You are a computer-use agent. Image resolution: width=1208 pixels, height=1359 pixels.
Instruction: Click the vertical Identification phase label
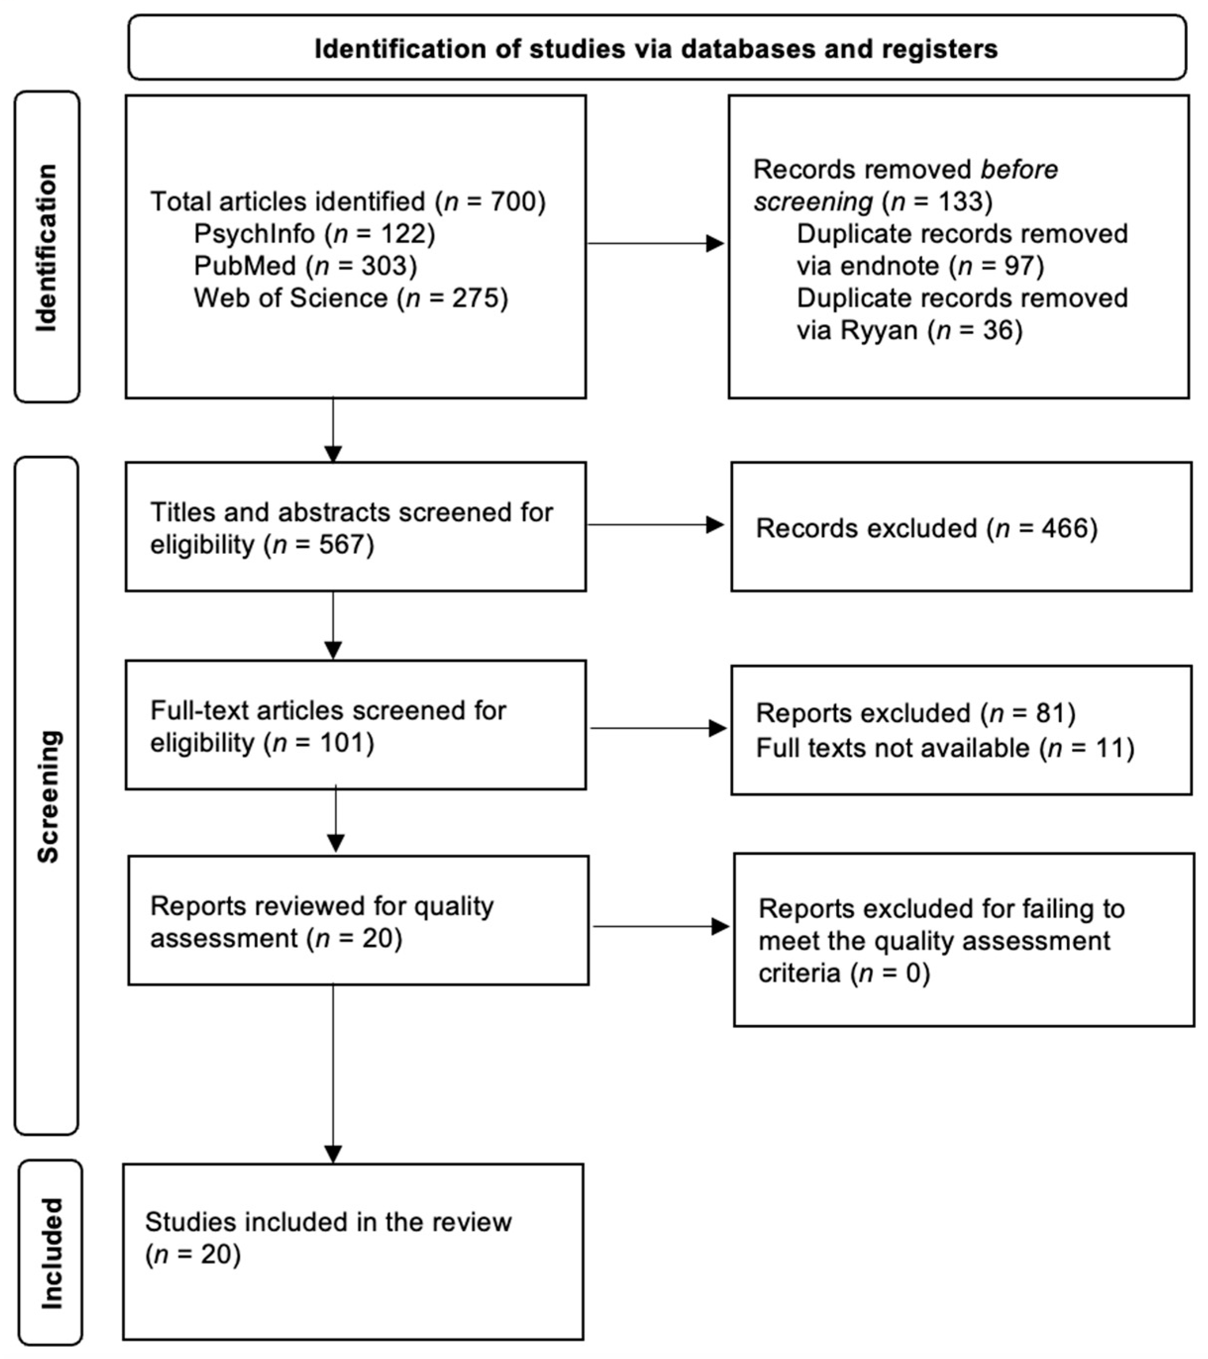tap(47, 247)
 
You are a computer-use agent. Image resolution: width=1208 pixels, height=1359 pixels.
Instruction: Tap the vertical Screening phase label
tap(48, 796)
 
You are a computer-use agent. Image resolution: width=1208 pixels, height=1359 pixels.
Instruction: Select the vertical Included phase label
tap(50, 1253)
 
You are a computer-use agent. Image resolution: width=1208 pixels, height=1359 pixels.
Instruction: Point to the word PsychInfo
tap(254, 234)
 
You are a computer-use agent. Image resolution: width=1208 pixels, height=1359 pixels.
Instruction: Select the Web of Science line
tap(351, 298)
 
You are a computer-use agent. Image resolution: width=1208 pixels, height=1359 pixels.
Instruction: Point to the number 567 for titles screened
tap(342, 545)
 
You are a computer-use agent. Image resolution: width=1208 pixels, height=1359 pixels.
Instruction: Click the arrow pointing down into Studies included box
tap(333, 1154)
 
